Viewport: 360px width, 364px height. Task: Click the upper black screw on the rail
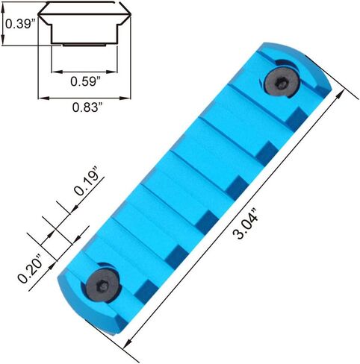point(282,81)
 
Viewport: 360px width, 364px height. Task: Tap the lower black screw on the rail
point(104,286)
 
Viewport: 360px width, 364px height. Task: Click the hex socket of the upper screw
point(281,83)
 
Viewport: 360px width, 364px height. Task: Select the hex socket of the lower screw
point(102,288)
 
